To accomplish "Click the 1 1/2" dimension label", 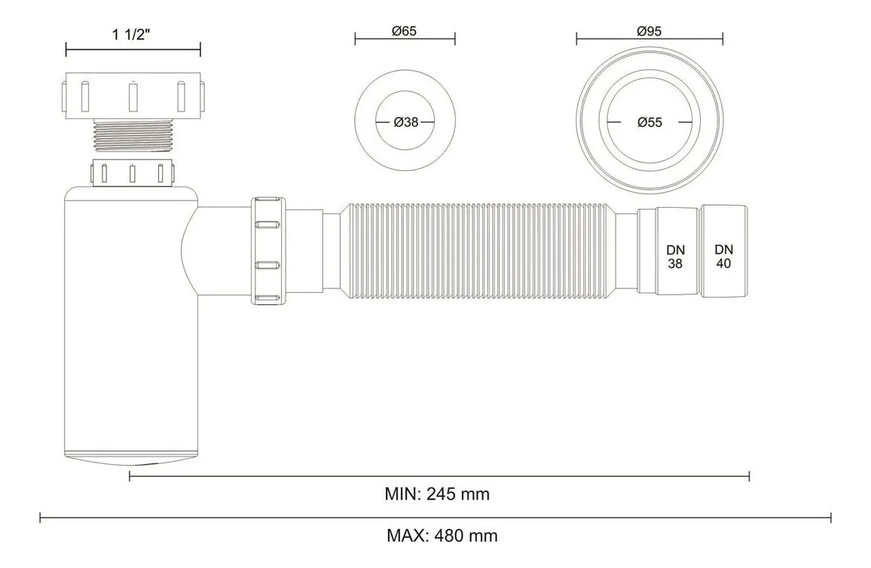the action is pos(132,35).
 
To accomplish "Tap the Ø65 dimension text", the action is pos(404,31).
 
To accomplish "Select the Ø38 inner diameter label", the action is pos(405,122).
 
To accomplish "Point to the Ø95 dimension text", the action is pos(649,31).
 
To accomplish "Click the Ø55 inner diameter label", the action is pos(649,122).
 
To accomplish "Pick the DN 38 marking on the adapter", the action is pos(675,257).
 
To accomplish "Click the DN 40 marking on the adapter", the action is pos(723,256).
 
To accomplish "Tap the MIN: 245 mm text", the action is pos(437,493).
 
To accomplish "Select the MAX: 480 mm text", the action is pos(442,536).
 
